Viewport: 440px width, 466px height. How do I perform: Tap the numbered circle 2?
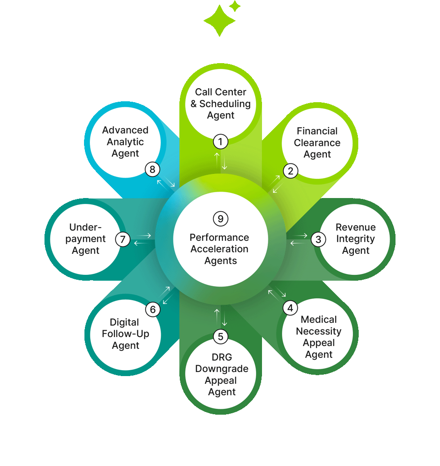click(291, 171)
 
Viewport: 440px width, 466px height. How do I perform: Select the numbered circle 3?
click(318, 239)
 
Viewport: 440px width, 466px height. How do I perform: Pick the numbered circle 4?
click(290, 308)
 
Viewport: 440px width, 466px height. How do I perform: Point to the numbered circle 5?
click(221, 337)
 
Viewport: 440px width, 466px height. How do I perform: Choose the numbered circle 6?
click(153, 310)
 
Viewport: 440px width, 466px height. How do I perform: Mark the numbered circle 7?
click(123, 239)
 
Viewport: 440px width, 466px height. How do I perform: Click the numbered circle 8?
click(153, 169)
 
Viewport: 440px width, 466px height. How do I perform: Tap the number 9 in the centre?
click(220, 219)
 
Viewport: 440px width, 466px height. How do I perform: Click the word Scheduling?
click(225, 104)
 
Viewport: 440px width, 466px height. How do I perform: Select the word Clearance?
click(317, 143)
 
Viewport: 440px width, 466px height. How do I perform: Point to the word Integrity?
click(356, 239)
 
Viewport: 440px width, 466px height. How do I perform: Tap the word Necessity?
click(318, 331)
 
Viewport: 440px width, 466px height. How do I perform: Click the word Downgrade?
click(222, 368)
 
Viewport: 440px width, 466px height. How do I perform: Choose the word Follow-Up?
click(125, 334)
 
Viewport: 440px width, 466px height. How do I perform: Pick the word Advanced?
click(125, 130)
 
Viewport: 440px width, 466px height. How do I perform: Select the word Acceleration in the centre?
click(219, 249)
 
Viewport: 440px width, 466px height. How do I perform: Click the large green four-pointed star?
click(219, 20)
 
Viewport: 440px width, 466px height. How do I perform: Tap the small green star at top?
click(235, 6)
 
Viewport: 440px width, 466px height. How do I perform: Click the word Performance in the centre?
click(219, 237)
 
